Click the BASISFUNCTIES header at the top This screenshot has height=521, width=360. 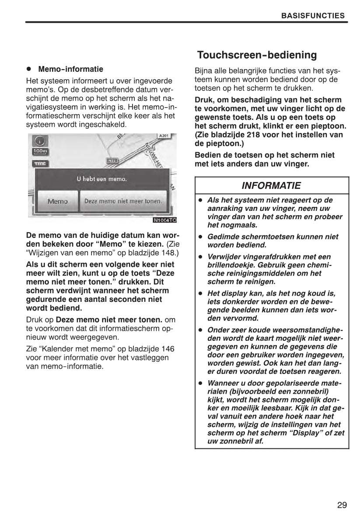point(313,16)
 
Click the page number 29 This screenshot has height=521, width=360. point(342,505)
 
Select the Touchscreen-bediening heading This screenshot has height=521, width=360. point(257,55)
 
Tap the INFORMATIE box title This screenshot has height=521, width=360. point(271,185)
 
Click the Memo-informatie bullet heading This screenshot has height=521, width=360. point(70,69)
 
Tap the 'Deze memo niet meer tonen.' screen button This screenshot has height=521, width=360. point(123,201)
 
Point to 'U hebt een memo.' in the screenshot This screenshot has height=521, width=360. point(101,179)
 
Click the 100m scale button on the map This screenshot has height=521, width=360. point(40,151)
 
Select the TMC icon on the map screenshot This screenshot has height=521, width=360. point(40,164)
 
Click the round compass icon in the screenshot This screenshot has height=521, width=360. point(40,141)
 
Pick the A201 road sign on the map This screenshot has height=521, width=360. point(164,136)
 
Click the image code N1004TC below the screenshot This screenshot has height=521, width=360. point(164,220)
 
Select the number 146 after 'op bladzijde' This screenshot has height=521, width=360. point(167,349)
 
